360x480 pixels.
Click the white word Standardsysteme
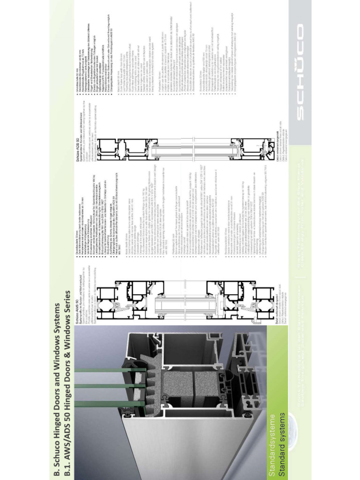(x=271, y=450)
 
